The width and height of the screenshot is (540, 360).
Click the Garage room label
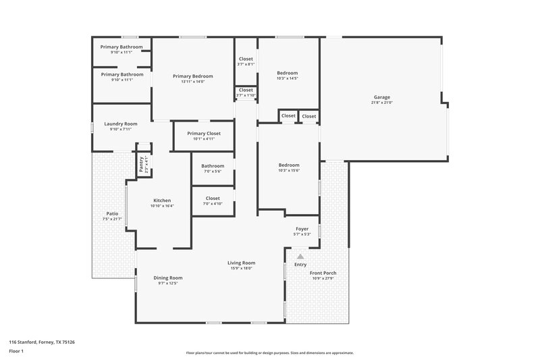(x=382, y=97)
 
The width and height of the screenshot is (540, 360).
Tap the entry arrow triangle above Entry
(x=300, y=257)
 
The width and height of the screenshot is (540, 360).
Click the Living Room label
(x=241, y=263)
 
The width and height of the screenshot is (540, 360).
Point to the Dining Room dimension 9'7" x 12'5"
(x=168, y=284)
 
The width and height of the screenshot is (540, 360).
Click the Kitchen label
(x=162, y=200)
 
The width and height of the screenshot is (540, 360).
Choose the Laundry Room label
(x=121, y=124)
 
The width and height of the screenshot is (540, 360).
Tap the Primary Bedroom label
(x=192, y=76)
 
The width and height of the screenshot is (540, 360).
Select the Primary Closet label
(x=203, y=134)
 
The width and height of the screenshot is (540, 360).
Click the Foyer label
(x=302, y=229)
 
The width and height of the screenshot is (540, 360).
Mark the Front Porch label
(x=323, y=273)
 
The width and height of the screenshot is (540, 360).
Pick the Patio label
(x=111, y=213)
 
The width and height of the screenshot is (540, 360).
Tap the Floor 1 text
(x=16, y=352)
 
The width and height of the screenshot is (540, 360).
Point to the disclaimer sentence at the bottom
(x=269, y=353)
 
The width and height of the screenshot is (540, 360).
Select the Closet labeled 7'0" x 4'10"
(x=212, y=198)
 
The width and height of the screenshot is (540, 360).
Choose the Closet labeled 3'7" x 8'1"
(x=246, y=59)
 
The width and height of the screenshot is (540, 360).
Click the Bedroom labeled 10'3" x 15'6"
(x=289, y=165)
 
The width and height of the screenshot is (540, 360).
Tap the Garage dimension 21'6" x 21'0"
(x=382, y=103)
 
